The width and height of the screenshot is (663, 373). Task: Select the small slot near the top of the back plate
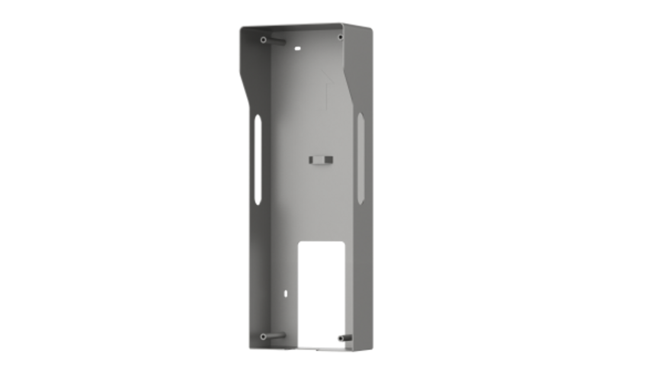point(298,47)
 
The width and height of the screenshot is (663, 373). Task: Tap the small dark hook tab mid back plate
point(321,159)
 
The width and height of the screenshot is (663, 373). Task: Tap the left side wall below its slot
point(257,267)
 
